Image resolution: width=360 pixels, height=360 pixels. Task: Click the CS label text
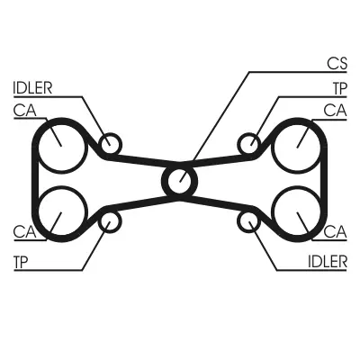[337, 64]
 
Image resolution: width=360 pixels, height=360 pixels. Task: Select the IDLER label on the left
[32, 88]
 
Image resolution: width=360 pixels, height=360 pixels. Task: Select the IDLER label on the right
[328, 262]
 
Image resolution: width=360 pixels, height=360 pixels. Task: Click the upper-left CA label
[24, 111]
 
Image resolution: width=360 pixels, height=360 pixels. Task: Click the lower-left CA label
[24, 231]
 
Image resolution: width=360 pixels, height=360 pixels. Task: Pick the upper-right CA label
[335, 111]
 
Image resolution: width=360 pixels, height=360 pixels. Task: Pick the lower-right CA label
[336, 231]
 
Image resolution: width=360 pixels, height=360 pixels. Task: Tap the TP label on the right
[340, 88]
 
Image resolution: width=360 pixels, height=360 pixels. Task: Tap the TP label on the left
[21, 262]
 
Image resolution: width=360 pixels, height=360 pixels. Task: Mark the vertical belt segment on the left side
[35, 180]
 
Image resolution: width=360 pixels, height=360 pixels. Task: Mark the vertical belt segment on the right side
[324, 180]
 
